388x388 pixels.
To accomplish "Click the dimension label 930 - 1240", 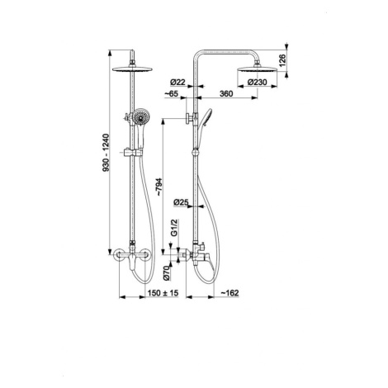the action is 106,153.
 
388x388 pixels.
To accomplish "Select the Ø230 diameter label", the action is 257,82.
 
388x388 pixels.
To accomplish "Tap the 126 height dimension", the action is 282,60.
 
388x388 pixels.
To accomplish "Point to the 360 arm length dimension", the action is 226,93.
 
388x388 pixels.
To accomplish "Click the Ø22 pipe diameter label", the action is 177,82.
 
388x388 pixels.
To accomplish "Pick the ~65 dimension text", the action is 171,93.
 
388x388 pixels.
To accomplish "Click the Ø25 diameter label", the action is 181,202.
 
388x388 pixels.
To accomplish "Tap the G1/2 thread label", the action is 174,228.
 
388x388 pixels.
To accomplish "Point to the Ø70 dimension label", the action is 167,273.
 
